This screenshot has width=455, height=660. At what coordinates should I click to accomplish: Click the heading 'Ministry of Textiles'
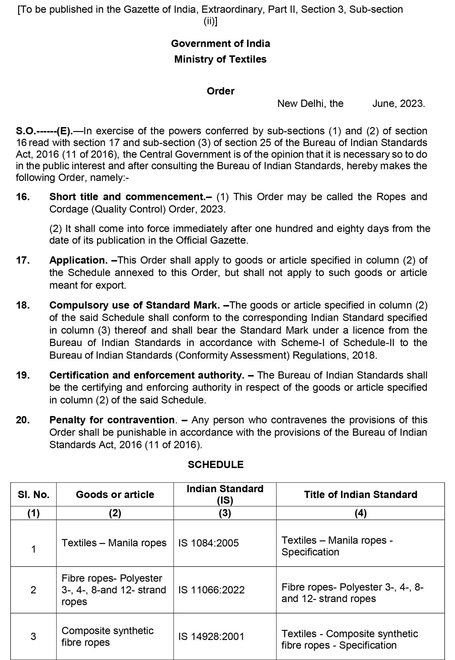click(x=220, y=59)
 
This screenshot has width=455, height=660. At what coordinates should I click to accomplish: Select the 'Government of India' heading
click(x=220, y=43)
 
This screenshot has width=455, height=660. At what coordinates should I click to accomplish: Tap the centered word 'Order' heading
click(x=220, y=91)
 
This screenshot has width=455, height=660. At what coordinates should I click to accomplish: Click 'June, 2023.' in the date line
click(x=398, y=103)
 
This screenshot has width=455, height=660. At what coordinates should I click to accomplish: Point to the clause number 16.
click(x=23, y=197)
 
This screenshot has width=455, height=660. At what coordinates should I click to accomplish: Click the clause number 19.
click(x=23, y=375)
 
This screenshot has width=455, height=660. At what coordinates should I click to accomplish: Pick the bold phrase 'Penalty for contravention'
click(x=112, y=420)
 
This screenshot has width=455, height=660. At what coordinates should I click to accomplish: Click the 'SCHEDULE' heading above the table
click(x=216, y=465)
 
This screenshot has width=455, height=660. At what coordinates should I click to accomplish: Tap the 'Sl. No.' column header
click(x=33, y=494)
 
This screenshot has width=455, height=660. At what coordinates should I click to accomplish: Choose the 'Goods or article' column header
click(x=115, y=494)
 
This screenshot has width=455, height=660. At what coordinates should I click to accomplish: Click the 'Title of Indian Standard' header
click(x=360, y=494)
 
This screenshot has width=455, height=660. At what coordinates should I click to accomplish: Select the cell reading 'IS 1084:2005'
click(x=208, y=543)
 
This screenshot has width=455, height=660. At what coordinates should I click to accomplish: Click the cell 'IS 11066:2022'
click(x=211, y=590)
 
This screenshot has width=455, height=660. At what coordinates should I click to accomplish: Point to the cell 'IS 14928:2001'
click(x=211, y=636)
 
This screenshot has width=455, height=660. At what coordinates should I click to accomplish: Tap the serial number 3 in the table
click(x=33, y=636)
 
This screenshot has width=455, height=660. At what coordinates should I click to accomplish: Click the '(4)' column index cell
click(x=360, y=513)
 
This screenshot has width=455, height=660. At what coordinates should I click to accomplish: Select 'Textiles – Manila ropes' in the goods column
click(x=114, y=543)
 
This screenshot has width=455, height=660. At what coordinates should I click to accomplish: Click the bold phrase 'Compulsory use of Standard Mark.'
click(x=135, y=305)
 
